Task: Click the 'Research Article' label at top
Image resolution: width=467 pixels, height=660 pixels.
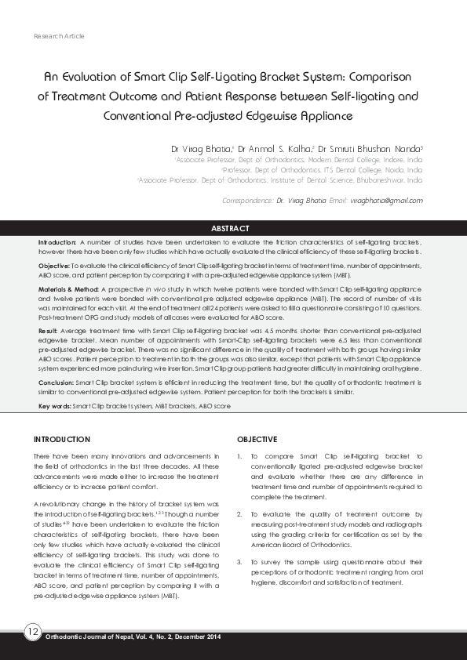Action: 60,37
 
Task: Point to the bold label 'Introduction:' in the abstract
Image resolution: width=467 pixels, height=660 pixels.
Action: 57,244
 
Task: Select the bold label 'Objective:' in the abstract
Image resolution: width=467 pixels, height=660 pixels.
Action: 53,267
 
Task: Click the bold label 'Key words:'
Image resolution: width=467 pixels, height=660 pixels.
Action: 54,406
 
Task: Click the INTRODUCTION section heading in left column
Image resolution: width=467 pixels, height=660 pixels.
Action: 64,440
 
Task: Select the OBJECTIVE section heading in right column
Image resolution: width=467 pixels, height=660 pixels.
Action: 257,440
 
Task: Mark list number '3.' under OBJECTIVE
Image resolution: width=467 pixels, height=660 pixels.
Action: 239,562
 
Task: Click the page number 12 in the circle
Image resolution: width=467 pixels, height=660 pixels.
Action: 33,632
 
